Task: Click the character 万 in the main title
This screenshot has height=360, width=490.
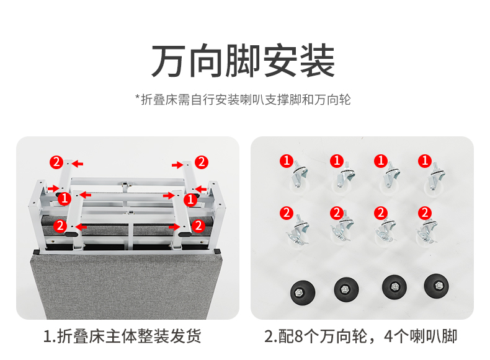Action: pos(168,61)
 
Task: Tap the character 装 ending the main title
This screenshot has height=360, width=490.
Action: pos(318,61)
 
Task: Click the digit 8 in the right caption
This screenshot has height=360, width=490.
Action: pos(298,336)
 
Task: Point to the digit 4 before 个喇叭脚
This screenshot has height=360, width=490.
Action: pos(388,336)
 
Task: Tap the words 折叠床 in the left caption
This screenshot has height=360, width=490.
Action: pos(81,336)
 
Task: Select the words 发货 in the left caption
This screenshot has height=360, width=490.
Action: pos(185,336)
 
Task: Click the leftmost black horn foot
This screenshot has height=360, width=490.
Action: pos(303,292)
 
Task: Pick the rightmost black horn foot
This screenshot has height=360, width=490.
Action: pos(436,286)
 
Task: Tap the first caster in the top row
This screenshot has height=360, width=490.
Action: pos(299,177)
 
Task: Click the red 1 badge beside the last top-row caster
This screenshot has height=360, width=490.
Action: pos(425,161)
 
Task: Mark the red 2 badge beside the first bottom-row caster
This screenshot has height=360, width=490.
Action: pos(287,213)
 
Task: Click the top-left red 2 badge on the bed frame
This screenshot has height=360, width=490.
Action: pos(56,162)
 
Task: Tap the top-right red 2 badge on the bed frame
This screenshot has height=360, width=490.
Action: pos(202,162)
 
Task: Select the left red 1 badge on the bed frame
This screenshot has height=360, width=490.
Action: pos(65,198)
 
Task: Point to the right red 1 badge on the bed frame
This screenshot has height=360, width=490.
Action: pos(190,200)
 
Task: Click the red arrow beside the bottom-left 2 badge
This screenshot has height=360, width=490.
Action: pos(81,227)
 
